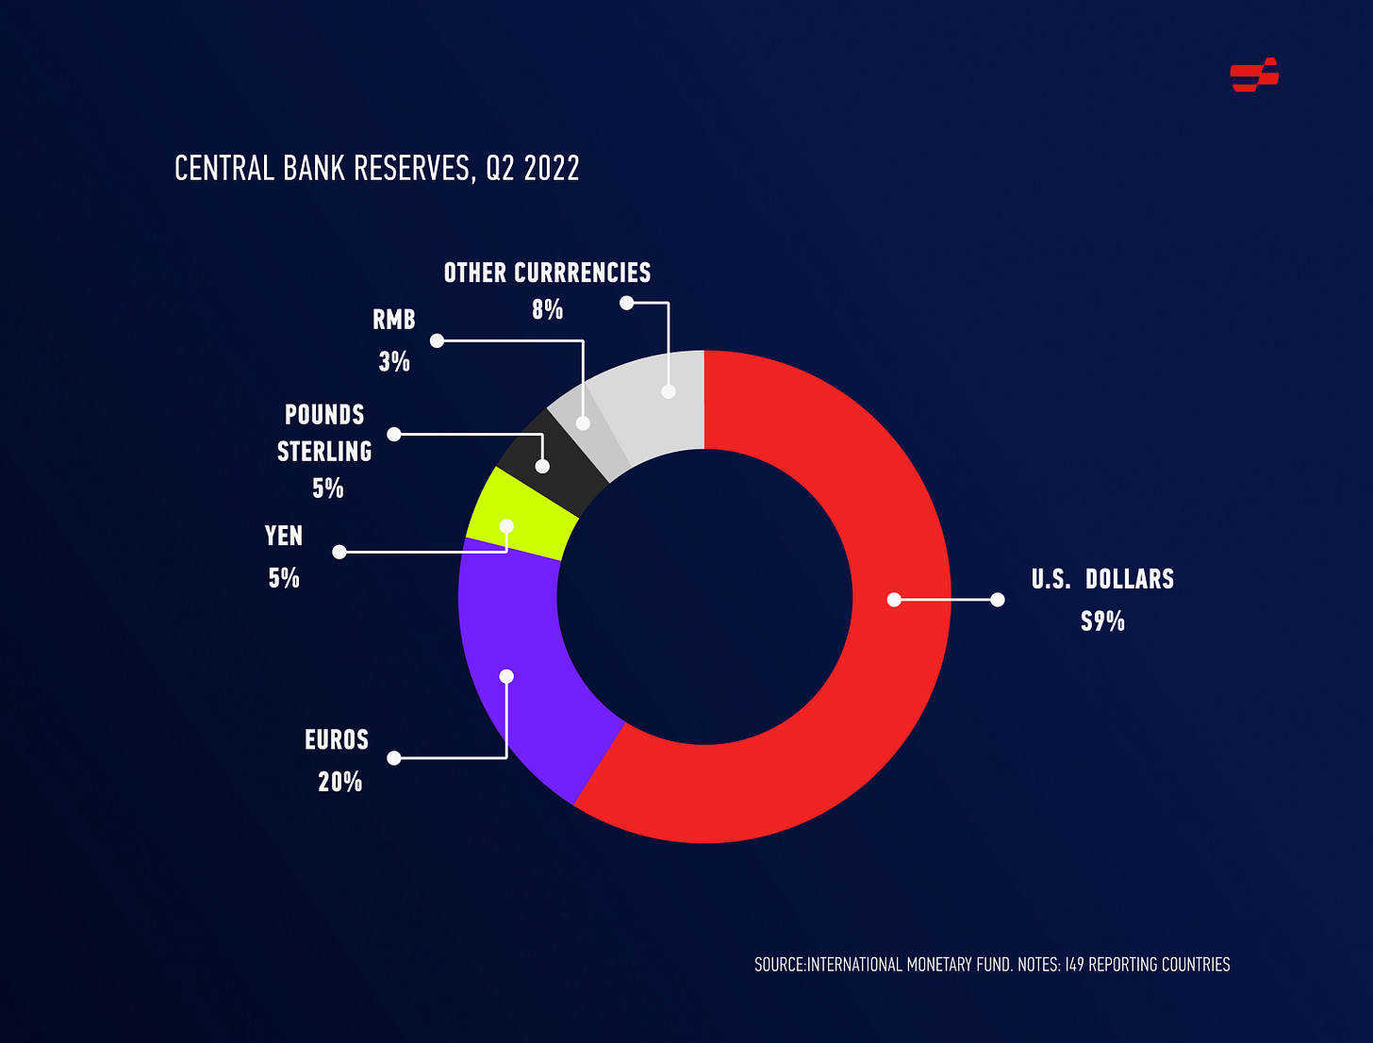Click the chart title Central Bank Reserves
(376, 169)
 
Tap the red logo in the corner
(1254, 74)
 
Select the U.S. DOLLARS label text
(1102, 579)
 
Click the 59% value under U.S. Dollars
(1102, 621)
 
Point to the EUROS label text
(337, 740)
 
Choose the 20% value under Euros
(339, 782)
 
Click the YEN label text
(284, 536)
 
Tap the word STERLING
(324, 452)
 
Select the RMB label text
(394, 321)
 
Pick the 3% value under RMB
(394, 362)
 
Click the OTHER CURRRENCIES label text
(547, 273)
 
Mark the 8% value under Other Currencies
(547, 309)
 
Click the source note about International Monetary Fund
(992, 965)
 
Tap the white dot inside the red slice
(894, 599)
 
